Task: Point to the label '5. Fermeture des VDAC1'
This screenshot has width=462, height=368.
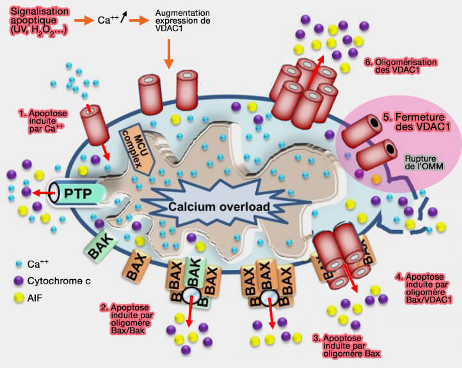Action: coord(421,122)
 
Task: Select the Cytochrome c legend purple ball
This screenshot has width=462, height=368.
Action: coord(20,279)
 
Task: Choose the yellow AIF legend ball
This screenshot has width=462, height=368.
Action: coord(20,296)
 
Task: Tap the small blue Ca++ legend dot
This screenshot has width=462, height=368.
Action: coord(20,263)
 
